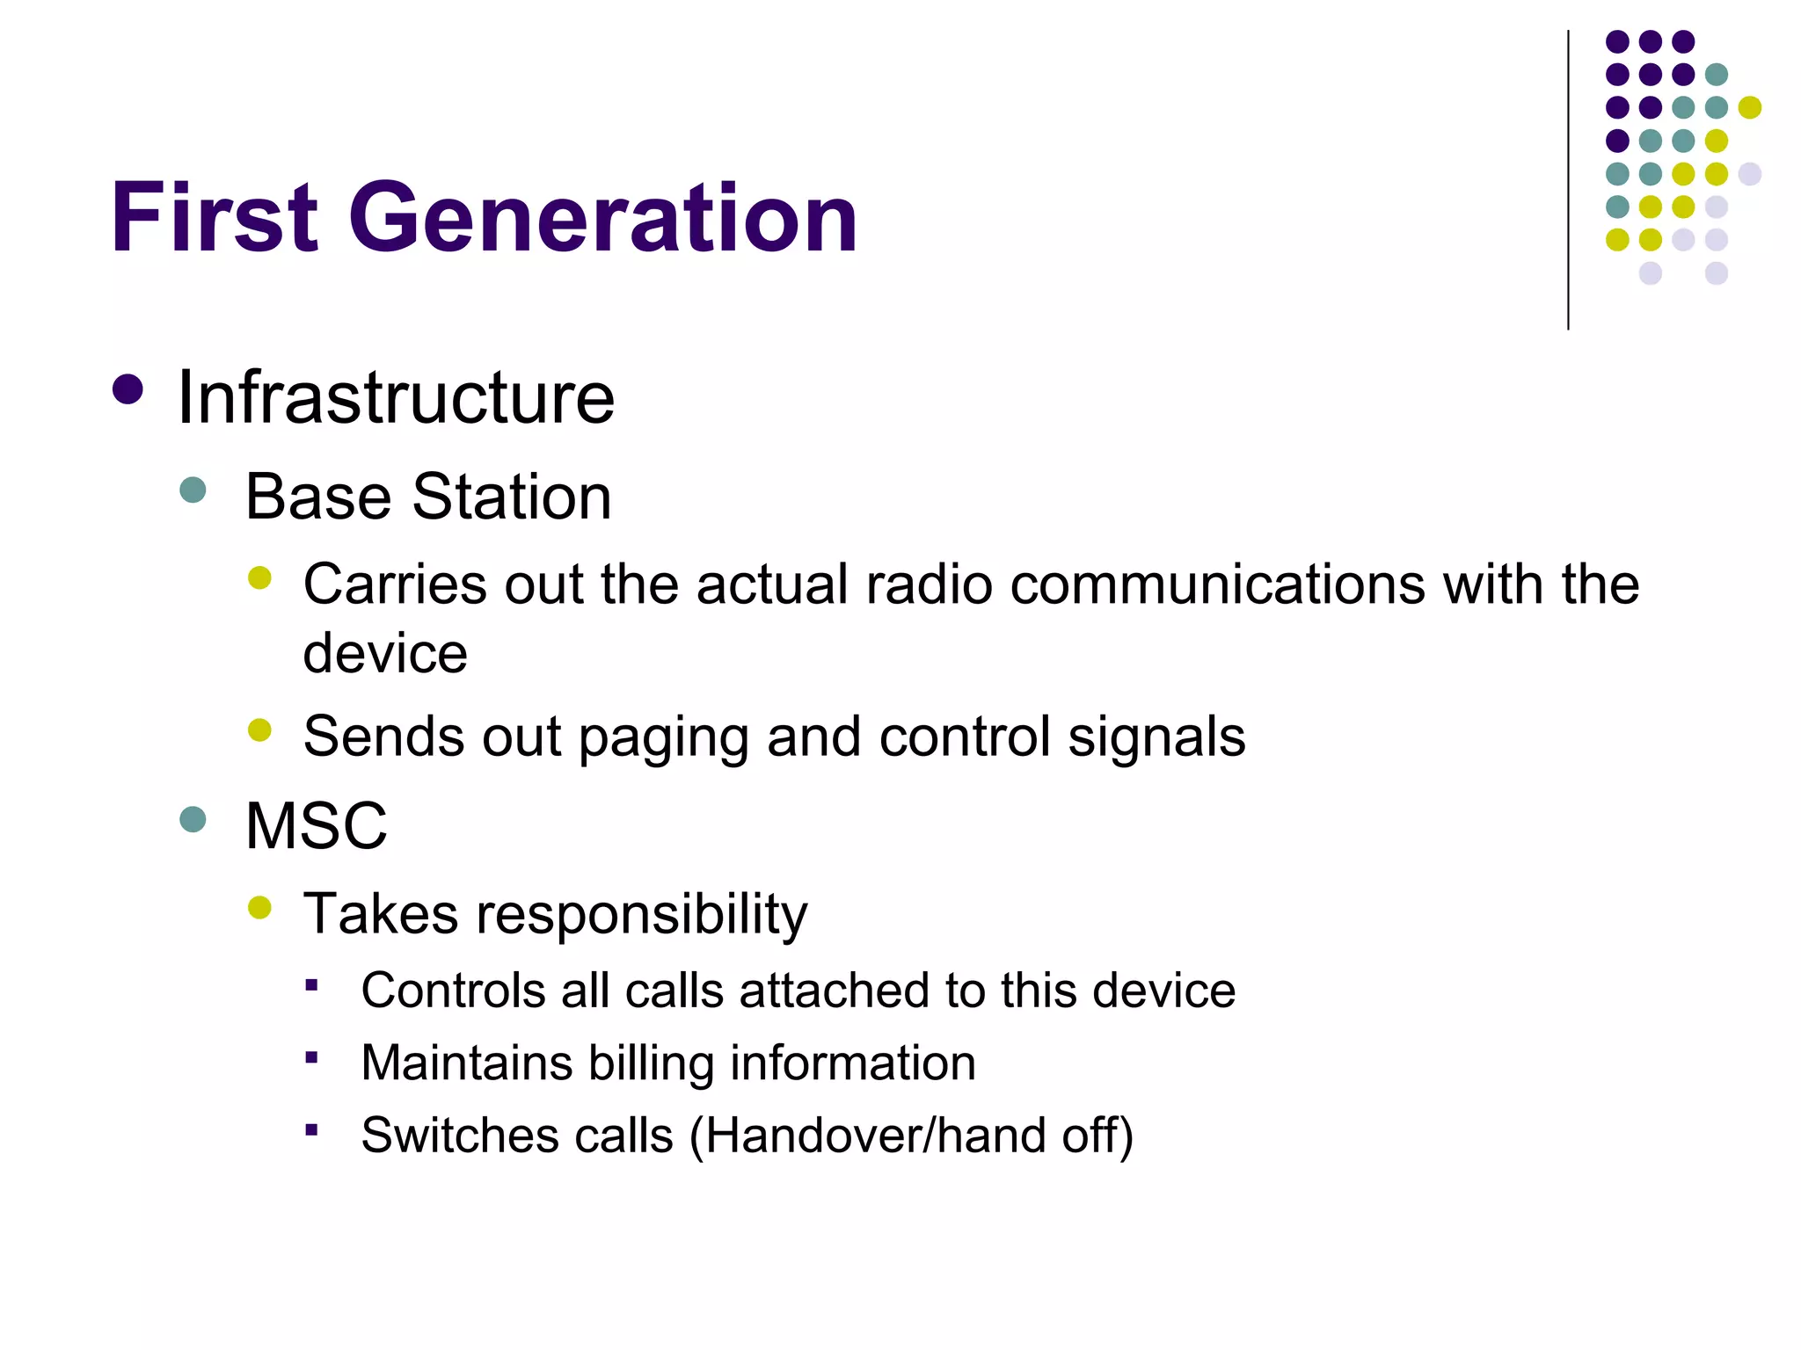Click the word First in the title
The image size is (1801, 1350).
(214, 218)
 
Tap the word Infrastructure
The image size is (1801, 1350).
(396, 398)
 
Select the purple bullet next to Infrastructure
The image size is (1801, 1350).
(128, 390)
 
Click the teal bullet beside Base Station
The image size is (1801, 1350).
(193, 490)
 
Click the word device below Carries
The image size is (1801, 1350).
(385, 654)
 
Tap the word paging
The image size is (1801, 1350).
(664, 737)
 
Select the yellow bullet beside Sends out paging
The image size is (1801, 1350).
(259, 730)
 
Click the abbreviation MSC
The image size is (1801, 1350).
(317, 826)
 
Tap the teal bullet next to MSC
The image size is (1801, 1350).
(193, 820)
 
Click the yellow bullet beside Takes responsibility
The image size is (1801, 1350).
(259, 907)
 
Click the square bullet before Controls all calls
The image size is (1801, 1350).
(311, 985)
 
